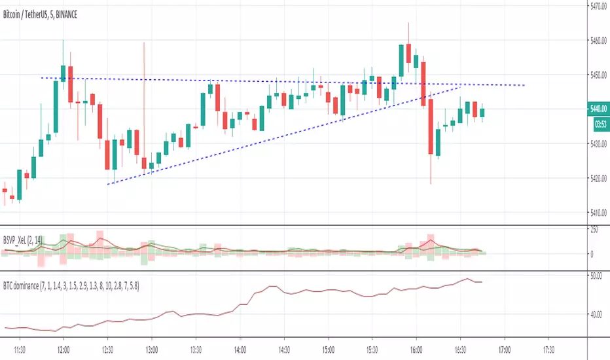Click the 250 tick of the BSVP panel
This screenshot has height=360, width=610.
(x=594, y=230)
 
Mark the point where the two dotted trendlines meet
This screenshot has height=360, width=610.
(x=462, y=85)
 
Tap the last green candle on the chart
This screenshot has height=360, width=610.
(x=483, y=112)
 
